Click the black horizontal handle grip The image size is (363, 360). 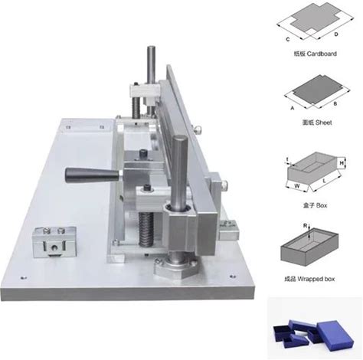(x=92, y=175)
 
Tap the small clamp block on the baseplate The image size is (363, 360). (x=54, y=242)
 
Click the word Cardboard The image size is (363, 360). (x=322, y=54)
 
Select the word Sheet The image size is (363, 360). (x=323, y=123)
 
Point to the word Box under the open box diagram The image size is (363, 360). (x=321, y=205)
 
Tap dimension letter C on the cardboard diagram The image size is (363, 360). (x=288, y=39)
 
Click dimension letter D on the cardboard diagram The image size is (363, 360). (x=336, y=34)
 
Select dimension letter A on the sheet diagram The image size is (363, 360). (x=293, y=108)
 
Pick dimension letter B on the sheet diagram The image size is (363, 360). (x=335, y=103)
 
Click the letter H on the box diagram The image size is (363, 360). (x=342, y=163)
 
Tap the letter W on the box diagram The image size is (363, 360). (x=297, y=186)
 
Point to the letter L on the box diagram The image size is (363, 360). (x=324, y=181)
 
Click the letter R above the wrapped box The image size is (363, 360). (x=305, y=225)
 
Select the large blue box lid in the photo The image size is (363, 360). (x=335, y=334)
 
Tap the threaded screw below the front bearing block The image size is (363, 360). (x=146, y=229)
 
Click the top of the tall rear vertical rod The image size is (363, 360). (x=151, y=47)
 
